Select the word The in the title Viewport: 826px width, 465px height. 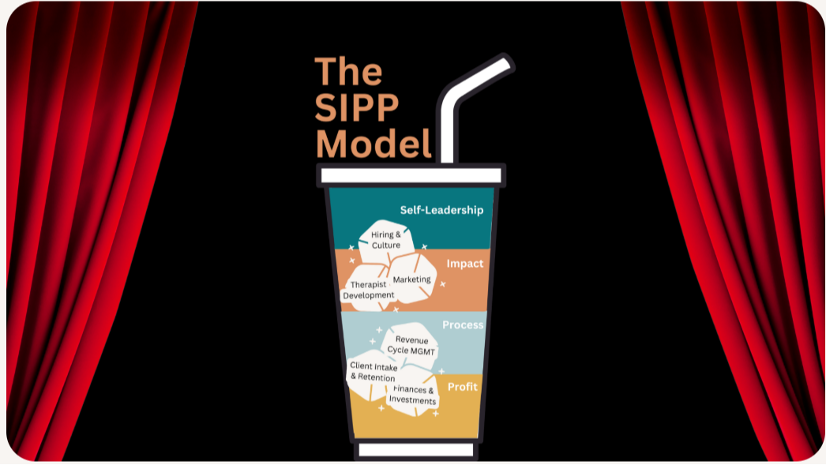pyautogui.click(x=348, y=71)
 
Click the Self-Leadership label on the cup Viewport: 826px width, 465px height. pyautogui.click(x=441, y=210)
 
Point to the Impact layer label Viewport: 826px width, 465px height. pyautogui.click(x=464, y=264)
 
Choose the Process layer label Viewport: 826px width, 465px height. pyautogui.click(x=463, y=325)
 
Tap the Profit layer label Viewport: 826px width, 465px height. pyautogui.click(x=463, y=387)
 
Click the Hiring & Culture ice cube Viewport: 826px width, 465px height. pyautogui.click(x=386, y=240)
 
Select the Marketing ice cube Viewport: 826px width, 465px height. pyautogui.click(x=411, y=279)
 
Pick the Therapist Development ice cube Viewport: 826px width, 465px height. pyautogui.click(x=368, y=291)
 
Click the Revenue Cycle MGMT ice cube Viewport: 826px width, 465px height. pyautogui.click(x=411, y=345)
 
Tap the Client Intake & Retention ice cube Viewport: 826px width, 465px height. pyautogui.click(x=373, y=372)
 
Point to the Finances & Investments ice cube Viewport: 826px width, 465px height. pyautogui.click(x=413, y=395)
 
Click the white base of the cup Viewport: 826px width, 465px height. pyautogui.click(x=416, y=450)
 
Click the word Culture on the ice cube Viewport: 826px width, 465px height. pyautogui.click(x=386, y=246)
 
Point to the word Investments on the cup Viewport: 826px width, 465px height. pyautogui.click(x=413, y=400)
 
